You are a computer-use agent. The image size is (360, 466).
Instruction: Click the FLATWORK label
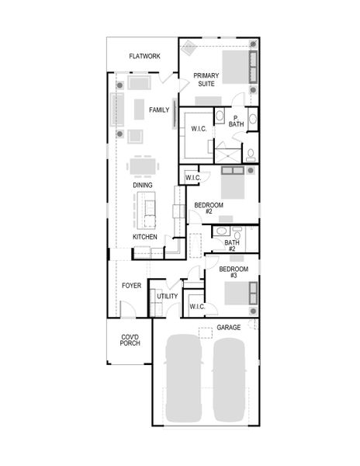coord(145,57)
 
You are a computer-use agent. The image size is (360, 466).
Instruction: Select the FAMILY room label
coord(159,110)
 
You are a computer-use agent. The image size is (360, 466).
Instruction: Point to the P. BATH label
coord(236,120)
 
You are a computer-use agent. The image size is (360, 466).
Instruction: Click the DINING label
coord(142,185)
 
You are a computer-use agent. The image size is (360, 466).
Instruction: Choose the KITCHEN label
coord(145,236)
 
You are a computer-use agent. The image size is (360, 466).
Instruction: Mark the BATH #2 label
coord(231,245)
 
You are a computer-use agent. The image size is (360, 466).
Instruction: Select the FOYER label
coord(131,286)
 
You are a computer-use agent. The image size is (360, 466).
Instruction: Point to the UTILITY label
coord(167,296)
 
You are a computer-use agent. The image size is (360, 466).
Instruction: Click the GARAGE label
coord(229,327)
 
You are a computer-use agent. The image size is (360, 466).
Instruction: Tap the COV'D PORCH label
coord(130,339)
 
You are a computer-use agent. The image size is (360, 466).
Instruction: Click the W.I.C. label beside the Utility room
coord(197,307)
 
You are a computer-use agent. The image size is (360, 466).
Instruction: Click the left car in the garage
coord(185,377)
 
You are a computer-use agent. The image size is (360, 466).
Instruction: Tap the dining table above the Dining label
coord(141,167)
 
